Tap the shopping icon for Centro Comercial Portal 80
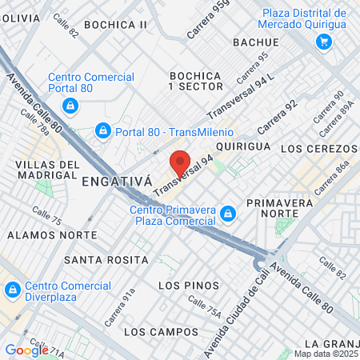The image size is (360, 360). pos(70,105)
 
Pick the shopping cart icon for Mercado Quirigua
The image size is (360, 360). pos(323,42)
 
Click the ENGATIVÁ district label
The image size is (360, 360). pos(117,182)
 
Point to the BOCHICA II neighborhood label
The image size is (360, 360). pos(116,25)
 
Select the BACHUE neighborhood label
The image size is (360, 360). pos(255,42)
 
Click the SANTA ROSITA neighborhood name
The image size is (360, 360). pos(106,260)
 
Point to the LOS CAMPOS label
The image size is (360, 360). pos(161,331)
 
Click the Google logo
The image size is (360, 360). pos(26,350)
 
